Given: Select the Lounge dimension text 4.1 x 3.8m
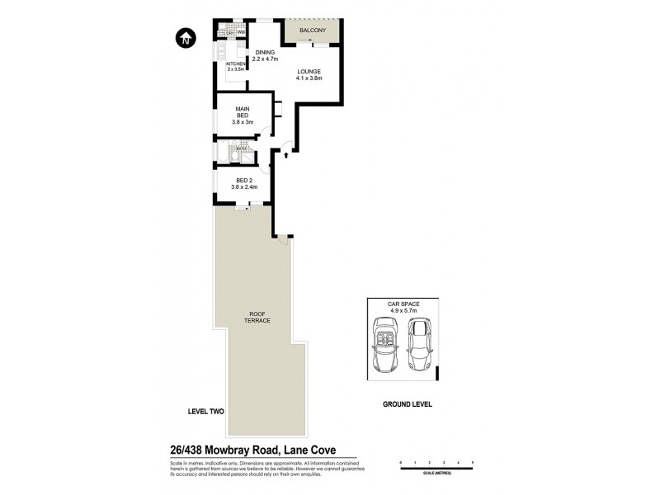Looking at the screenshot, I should (309, 78).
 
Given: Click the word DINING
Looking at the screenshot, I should (265, 53).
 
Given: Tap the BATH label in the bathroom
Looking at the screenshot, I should (241, 148).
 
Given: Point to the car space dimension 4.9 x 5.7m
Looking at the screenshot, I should (404, 311).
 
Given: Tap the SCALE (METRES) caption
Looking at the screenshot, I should (436, 473).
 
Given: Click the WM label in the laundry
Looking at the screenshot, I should (242, 33).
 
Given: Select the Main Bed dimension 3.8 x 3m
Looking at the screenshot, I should (243, 122).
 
